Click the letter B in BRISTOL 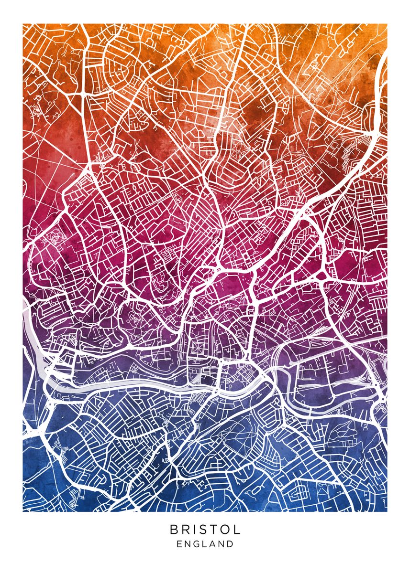click(174, 530)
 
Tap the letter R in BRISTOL click(186, 530)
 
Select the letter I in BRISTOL click(195, 530)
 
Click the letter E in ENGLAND click(179, 544)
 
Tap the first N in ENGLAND click(188, 544)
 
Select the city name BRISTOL click(205, 530)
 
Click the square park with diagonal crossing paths click(196, 350)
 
